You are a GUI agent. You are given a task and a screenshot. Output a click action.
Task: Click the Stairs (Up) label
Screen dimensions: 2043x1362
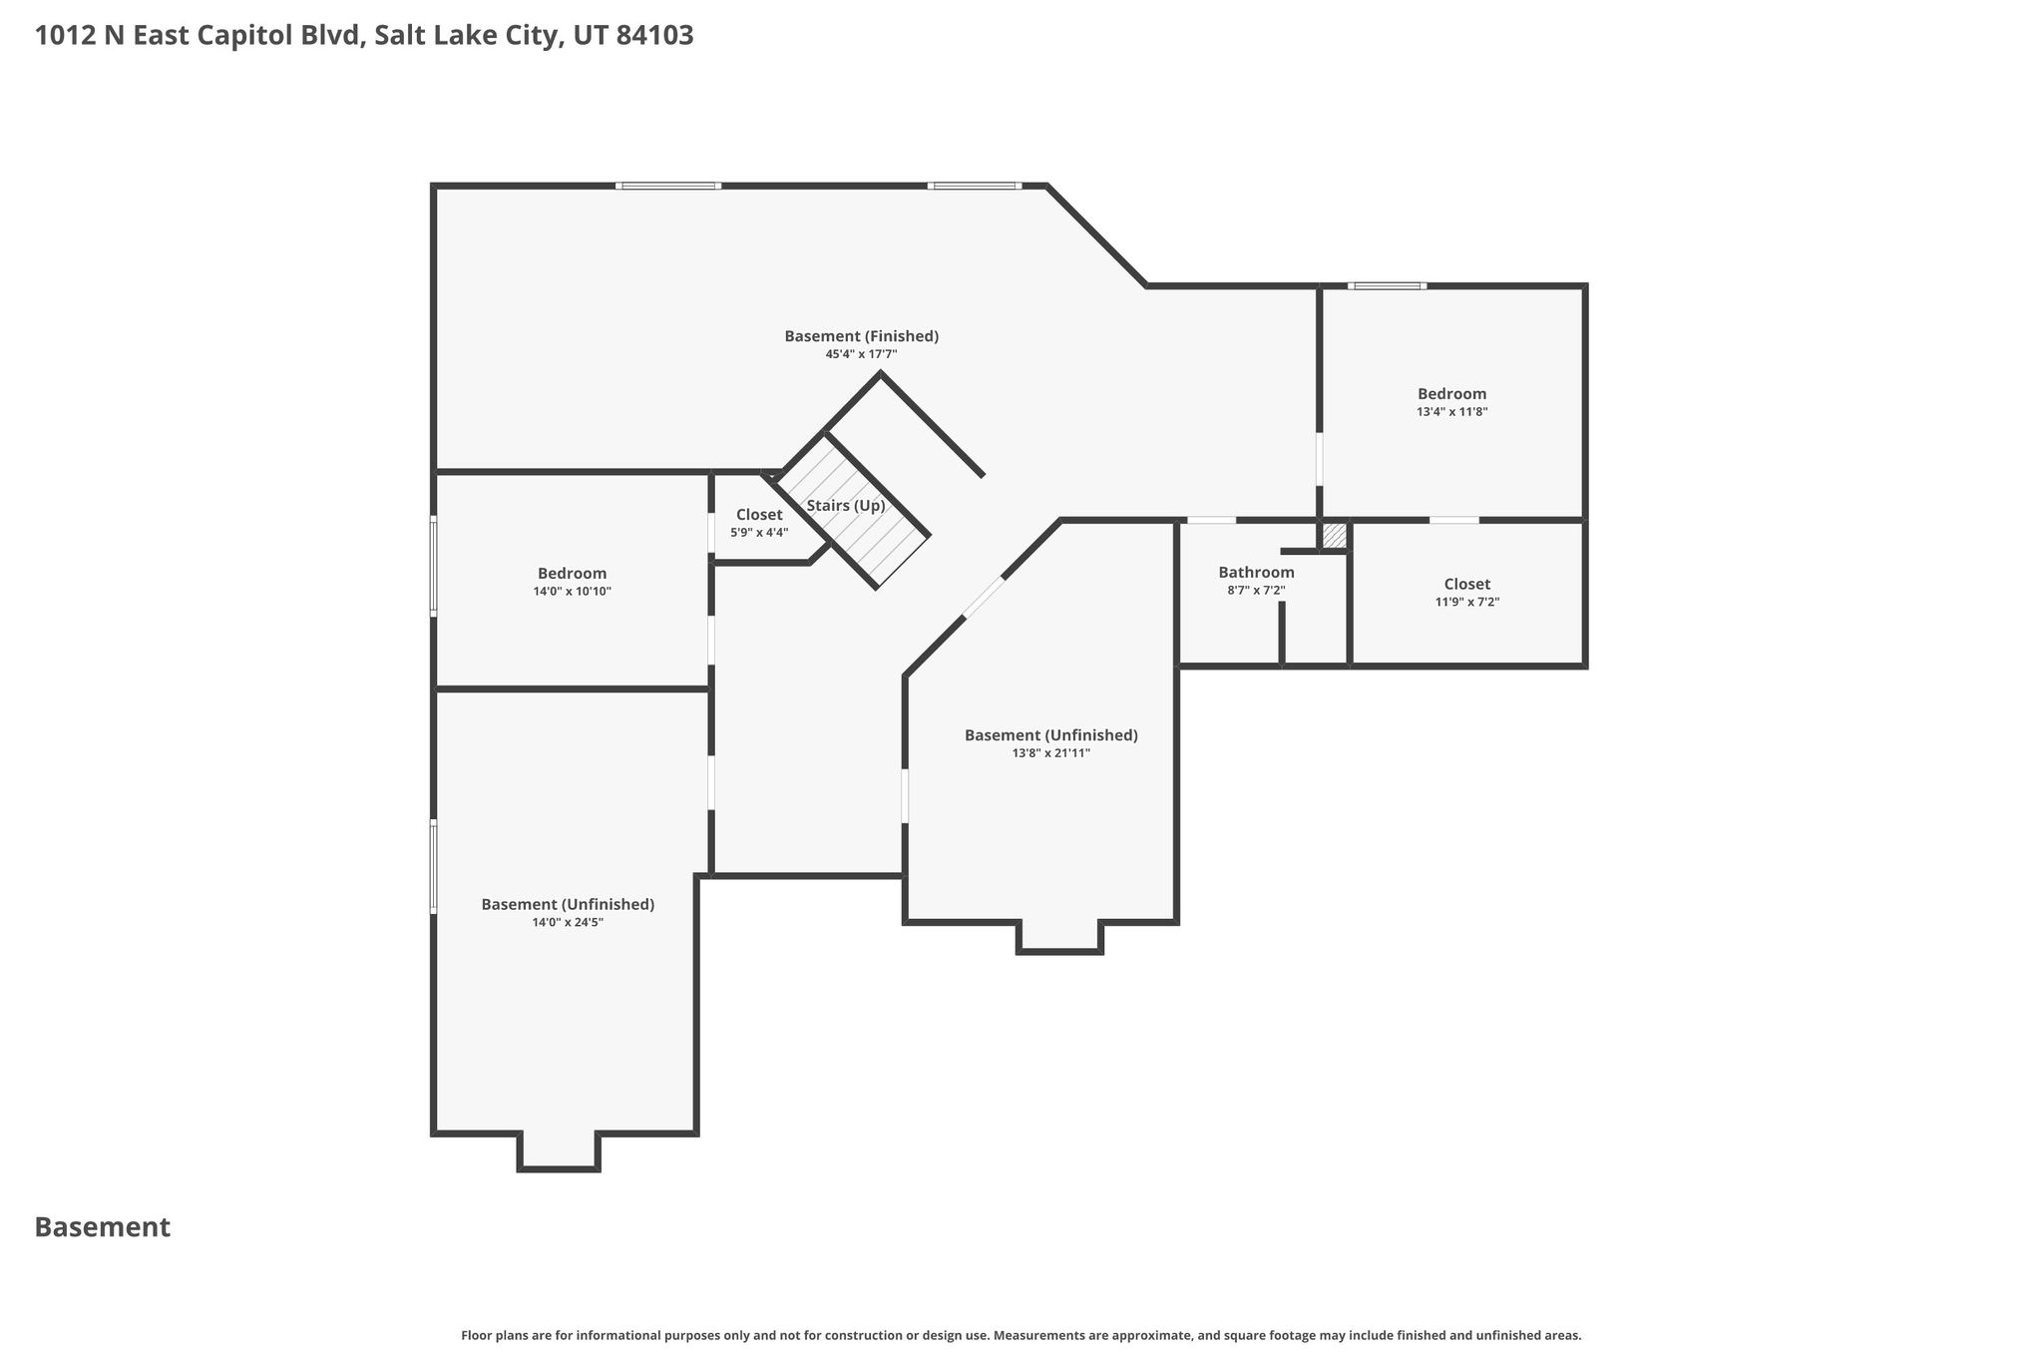(846, 506)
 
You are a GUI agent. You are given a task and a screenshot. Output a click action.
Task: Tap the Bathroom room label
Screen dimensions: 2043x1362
(1256, 573)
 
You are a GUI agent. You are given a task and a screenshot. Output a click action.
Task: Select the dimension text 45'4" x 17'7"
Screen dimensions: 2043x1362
(861, 354)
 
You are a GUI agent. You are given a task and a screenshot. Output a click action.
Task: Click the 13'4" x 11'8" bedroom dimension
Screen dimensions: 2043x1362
(1451, 412)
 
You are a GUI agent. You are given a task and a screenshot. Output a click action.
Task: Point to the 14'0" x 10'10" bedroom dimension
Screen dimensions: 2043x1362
(572, 592)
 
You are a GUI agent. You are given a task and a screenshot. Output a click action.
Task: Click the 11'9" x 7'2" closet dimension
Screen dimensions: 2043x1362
(1466, 603)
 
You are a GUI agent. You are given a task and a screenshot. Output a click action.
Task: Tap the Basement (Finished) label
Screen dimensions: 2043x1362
(861, 336)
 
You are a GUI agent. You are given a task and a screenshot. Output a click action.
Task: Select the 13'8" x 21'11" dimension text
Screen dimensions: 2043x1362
(1050, 753)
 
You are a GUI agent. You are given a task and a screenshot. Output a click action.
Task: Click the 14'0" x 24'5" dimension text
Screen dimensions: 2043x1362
(568, 923)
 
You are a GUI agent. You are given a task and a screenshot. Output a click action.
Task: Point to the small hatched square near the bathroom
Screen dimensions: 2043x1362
(1334, 536)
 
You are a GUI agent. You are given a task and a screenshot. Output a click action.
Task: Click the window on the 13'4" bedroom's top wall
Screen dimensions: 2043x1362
(1387, 286)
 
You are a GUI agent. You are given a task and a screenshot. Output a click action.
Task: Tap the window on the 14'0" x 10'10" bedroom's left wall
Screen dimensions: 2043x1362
(433, 565)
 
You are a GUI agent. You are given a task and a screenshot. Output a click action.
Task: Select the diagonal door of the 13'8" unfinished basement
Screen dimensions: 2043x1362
(984, 598)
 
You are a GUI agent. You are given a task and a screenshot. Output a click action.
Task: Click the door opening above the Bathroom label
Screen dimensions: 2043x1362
(1211, 520)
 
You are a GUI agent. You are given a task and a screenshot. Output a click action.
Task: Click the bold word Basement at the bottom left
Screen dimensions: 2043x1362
(103, 1227)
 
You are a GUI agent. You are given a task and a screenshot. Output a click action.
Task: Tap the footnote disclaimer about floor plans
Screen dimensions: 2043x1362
(1021, 1335)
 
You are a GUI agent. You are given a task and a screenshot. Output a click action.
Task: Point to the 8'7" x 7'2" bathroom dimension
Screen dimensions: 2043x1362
(1256, 591)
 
